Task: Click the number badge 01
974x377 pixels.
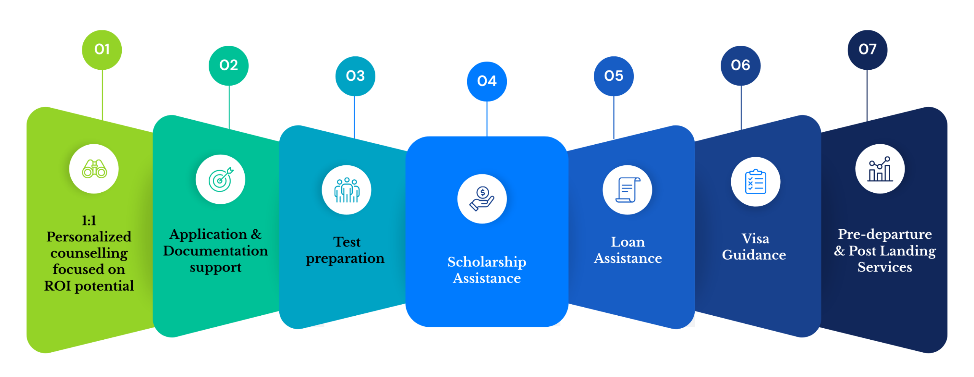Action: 102,50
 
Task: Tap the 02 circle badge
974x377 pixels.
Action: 228,65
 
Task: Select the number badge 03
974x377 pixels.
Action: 355,76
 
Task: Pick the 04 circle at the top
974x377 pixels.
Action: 487,81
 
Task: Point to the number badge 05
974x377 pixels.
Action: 613,76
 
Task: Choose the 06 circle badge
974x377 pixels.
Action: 740,65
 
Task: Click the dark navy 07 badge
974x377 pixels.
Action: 867,50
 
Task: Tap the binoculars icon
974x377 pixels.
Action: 94,169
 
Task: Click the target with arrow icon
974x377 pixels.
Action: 221,179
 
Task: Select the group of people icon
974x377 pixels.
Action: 347,190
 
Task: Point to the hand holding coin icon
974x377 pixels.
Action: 482,198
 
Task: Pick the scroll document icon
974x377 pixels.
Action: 627,190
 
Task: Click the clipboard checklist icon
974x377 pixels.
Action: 755,182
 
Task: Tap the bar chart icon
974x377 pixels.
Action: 880,169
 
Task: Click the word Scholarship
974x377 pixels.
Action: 487,262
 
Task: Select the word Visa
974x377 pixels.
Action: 755,239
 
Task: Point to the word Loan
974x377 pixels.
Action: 628,242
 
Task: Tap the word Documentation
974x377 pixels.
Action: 215,251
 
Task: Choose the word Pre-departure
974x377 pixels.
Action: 885,234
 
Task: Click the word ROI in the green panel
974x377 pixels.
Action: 57,286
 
